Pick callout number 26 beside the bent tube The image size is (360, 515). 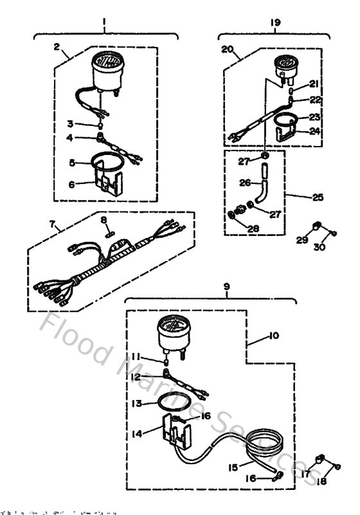pos(244,183)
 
